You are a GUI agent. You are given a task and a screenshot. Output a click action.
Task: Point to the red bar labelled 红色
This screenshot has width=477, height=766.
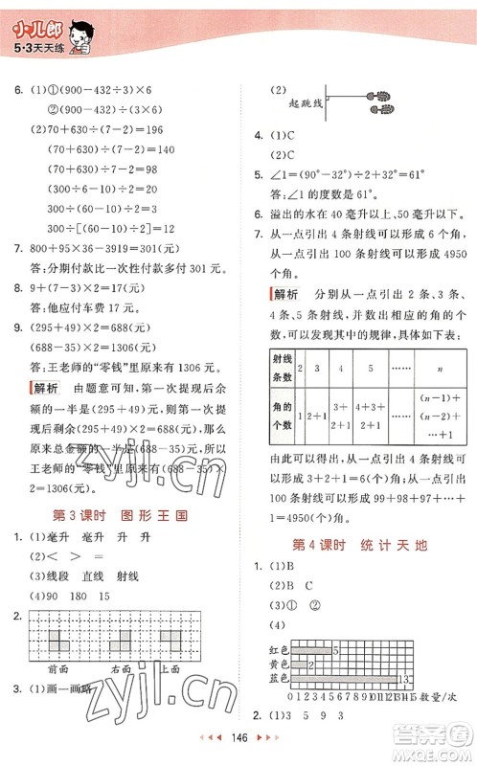click(x=309, y=649)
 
